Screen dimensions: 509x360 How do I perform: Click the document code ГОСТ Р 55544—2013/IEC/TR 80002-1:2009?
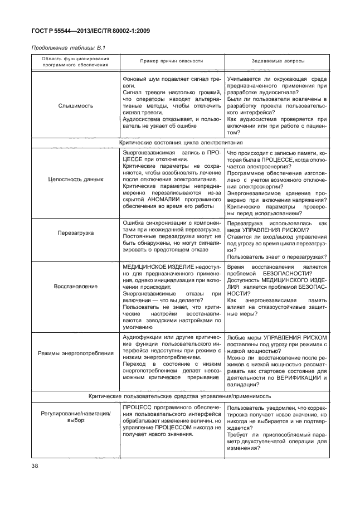[x=89, y=32]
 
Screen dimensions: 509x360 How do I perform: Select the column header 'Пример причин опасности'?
[x=171, y=61]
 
